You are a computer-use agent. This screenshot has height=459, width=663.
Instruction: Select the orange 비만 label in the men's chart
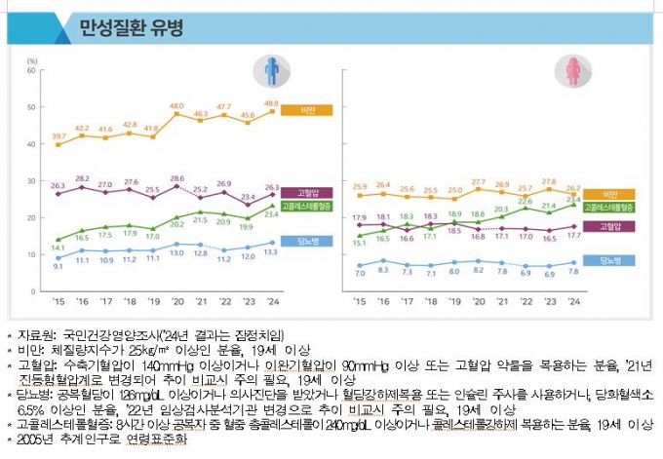pos(297,110)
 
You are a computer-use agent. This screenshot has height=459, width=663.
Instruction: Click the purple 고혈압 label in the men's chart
pos(297,193)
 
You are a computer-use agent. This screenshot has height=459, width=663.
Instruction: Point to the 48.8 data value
pos(271,102)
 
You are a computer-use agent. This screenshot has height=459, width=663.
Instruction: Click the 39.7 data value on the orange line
pos(59,135)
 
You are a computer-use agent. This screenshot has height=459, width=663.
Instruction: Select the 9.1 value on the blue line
pos(58,266)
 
